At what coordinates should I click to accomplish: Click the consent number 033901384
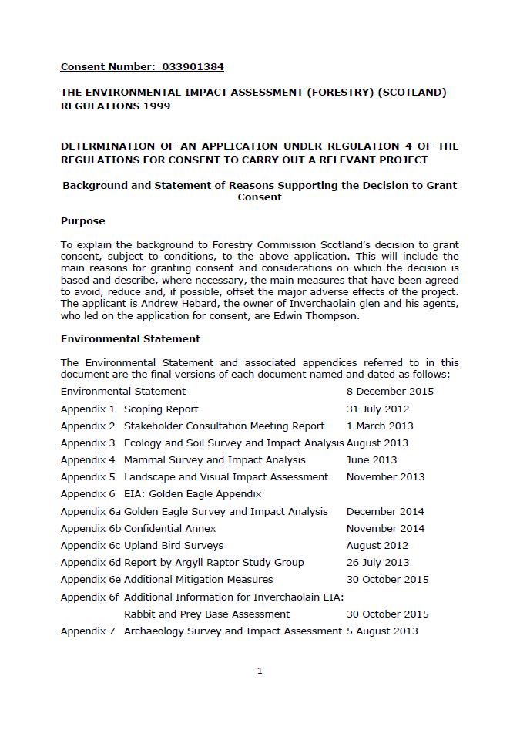193,67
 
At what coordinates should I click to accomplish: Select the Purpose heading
82,221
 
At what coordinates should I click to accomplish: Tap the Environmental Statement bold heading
130,338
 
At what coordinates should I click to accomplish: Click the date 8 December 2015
390,392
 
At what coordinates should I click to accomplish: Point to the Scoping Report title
161,409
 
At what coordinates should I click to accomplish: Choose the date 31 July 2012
377,409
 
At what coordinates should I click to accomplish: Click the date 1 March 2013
380,426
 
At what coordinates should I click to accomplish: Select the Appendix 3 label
88,443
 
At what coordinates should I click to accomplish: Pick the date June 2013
372,460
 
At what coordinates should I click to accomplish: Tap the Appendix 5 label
88,477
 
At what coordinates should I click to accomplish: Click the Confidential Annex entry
169,528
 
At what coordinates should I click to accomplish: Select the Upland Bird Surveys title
173,546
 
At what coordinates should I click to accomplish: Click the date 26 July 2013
377,563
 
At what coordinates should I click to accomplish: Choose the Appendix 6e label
90,580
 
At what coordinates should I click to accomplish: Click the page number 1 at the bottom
260,671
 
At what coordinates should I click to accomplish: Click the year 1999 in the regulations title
155,106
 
